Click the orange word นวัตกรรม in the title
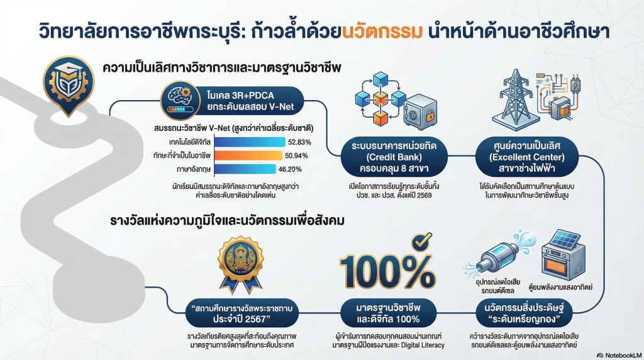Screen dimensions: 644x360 (x=382, y=31)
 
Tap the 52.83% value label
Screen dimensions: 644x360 (x=299, y=142)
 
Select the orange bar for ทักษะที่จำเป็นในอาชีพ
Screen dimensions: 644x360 (x=248, y=155)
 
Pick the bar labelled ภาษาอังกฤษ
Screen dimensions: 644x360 (x=245, y=169)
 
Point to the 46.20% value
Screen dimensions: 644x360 (x=290, y=169)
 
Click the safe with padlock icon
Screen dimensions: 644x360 (x=419, y=112)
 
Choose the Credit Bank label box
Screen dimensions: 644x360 (x=394, y=157)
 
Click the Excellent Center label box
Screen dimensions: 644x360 (x=527, y=157)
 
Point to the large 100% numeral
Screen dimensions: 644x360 (x=387, y=271)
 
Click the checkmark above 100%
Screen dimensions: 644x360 (x=422, y=240)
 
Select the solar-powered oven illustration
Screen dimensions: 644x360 (x=562, y=255)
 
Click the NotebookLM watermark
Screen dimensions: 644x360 (x=619, y=355)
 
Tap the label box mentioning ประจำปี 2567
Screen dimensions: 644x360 (x=241, y=313)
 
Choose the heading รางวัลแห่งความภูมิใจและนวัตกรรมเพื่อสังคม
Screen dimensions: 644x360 (x=227, y=220)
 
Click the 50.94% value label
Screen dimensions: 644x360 (x=296, y=155)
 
